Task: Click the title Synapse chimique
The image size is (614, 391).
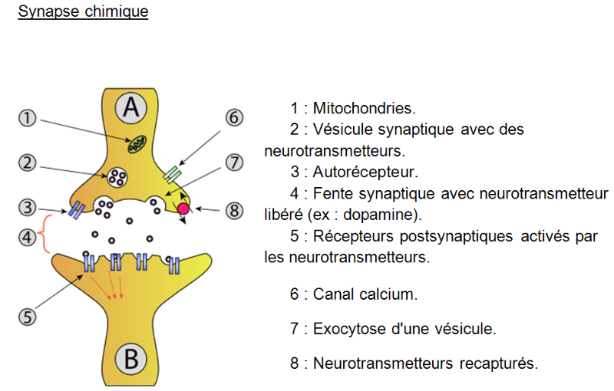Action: (83, 12)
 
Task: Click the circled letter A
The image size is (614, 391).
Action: (131, 109)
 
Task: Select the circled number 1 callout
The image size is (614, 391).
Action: (28, 118)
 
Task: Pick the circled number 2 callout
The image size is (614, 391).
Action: (28, 163)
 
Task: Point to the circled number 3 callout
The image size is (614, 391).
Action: (28, 207)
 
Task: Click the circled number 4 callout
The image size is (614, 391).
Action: (28, 237)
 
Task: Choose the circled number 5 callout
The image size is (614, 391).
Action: (28, 316)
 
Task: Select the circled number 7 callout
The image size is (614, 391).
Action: (234, 163)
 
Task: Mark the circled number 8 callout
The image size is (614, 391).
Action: (234, 208)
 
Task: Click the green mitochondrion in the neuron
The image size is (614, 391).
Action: (137, 143)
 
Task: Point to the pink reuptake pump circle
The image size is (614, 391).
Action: (184, 209)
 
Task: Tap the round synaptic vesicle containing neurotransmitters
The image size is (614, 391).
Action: (118, 177)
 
